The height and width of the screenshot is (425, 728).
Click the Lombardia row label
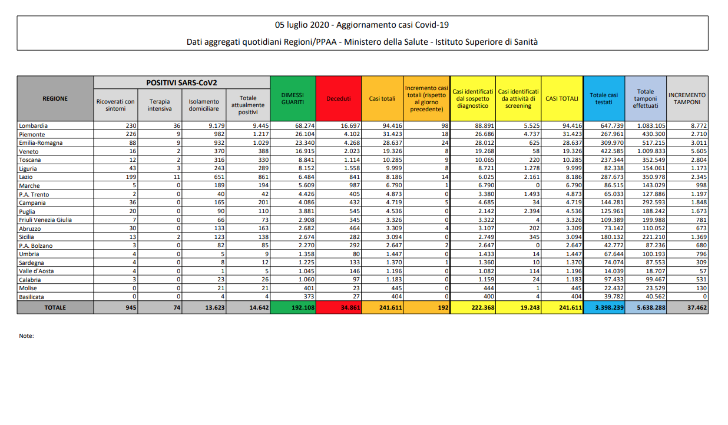click(34, 125)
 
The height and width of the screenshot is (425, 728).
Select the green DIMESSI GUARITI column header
click(293, 98)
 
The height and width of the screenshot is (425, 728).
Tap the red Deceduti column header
click(339, 98)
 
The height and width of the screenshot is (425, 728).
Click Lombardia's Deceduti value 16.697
click(348, 125)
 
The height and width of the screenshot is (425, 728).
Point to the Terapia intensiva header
click(160, 105)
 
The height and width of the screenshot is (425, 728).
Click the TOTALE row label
click(55, 307)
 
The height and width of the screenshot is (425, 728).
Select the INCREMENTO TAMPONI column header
click(687, 98)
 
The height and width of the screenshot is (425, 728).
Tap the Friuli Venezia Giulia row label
click(45, 220)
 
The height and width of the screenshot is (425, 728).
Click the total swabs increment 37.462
click(694, 307)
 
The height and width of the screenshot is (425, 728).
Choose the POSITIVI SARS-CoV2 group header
click(181, 82)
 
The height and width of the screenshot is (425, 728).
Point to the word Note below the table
click(27, 336)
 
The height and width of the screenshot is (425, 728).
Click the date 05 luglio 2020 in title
click(302, 25)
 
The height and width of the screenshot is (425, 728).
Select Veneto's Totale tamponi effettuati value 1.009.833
click(650, 151)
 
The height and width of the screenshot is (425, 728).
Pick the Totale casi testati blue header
click(604, 98)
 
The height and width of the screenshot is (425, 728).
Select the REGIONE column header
click(55, 98)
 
